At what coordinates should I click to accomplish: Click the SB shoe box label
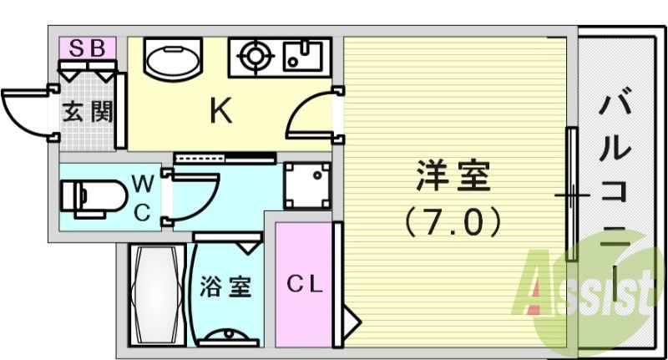87,48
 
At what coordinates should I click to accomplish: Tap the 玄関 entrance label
86,111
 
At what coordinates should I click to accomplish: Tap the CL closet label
306,284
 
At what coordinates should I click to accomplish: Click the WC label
143,197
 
